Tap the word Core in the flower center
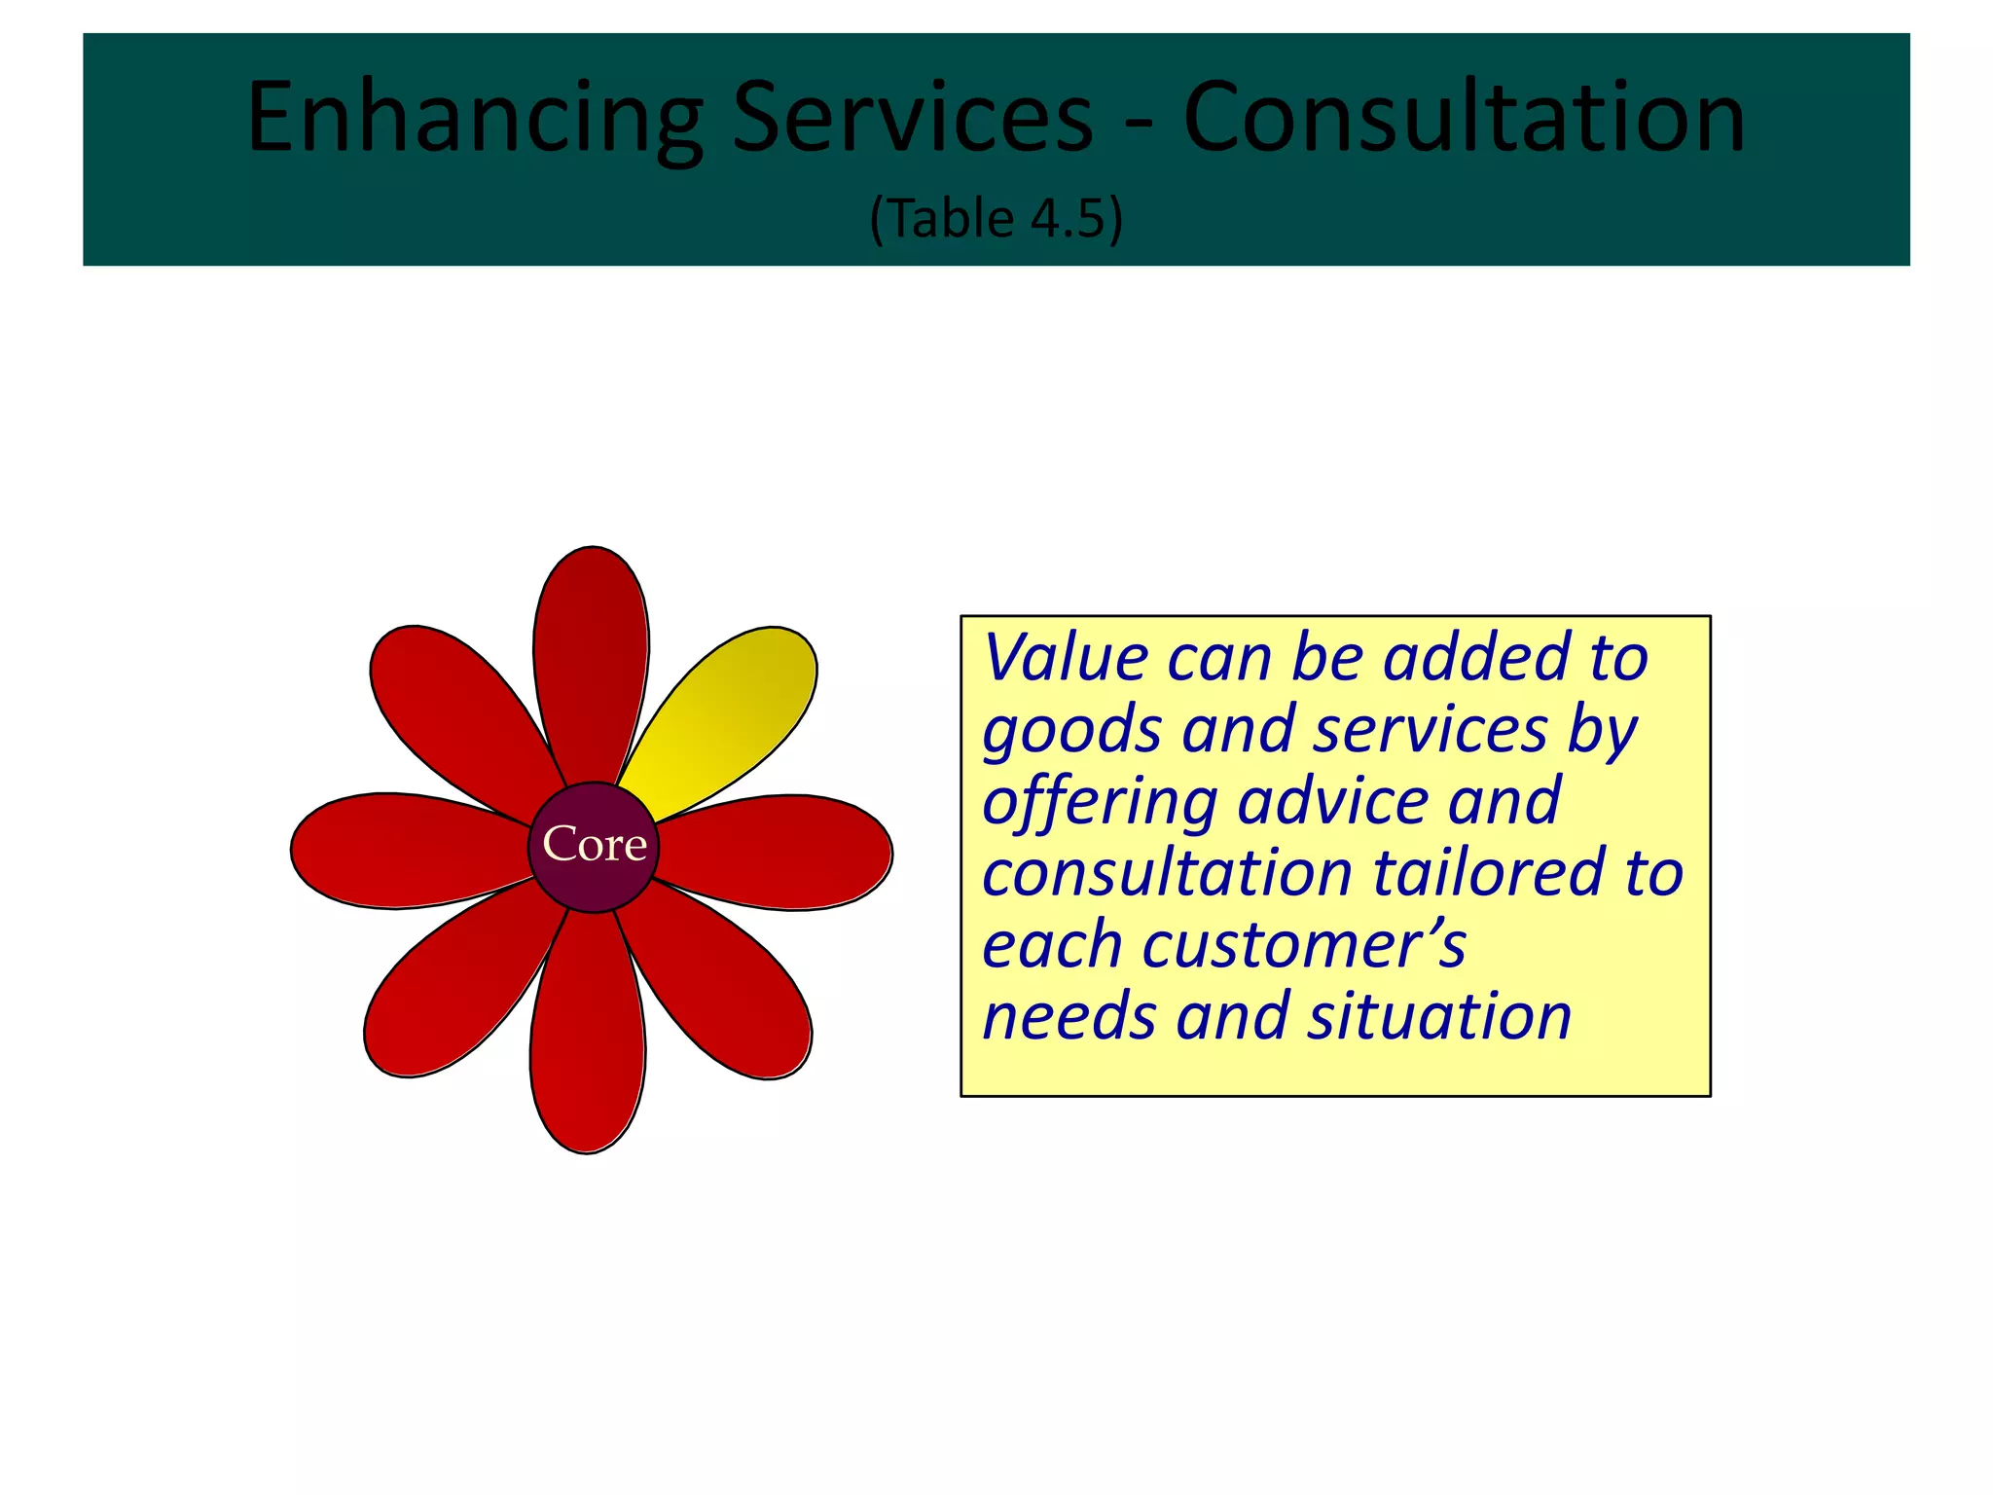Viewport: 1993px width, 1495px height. tap(595, 844)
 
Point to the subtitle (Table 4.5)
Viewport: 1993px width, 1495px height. tap(996, 218)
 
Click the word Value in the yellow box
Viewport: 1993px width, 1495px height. tap(1067, 658)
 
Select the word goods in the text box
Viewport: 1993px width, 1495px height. tap(1071, 731)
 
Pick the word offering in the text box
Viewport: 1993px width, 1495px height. tap(1100, 803)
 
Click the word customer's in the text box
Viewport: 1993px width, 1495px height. tap(1303, 945)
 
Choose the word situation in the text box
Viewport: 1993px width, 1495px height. tap(1439, 1017)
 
